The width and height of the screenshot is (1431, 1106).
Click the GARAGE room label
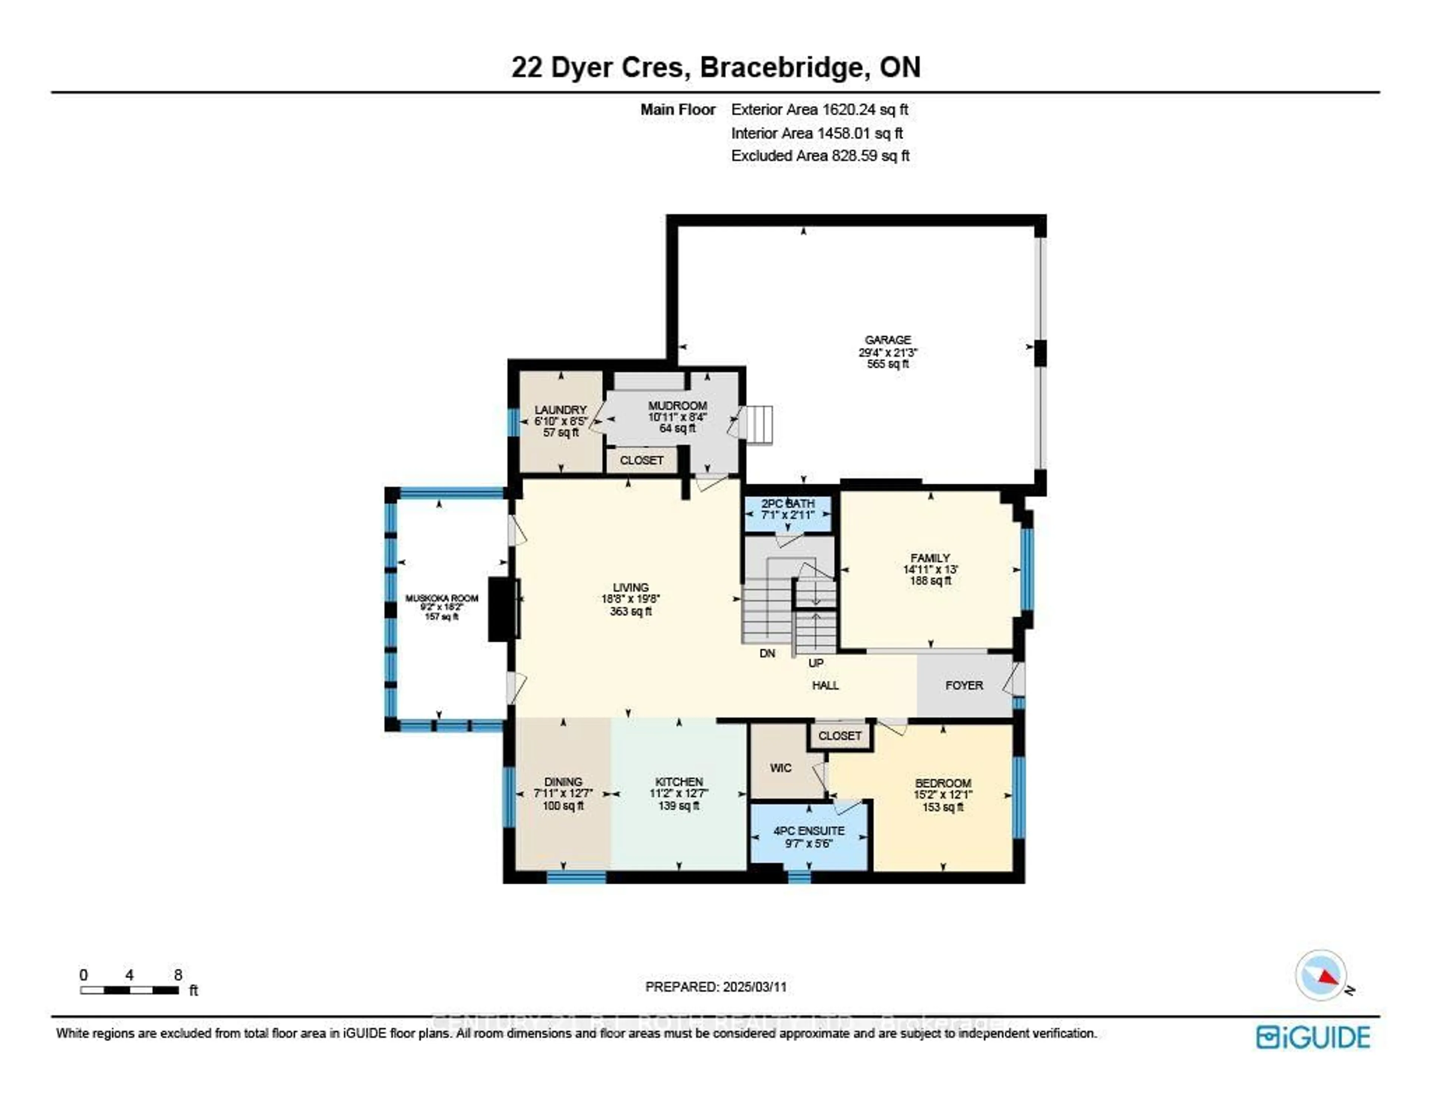tap(888, 340)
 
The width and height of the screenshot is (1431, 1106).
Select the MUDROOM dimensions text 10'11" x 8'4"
tap(677, 417)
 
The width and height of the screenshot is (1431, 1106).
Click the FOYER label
tap(964, 685)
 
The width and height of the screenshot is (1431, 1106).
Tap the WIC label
tap(780, 768)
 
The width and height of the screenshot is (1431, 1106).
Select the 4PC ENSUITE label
tap(809, 831)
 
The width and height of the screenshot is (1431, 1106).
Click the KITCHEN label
tap(679, 782)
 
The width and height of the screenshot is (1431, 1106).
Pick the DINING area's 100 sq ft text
tap(563, 806)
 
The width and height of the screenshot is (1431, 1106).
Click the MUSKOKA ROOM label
tap(442, 598)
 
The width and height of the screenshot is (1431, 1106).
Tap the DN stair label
tap(767, 653)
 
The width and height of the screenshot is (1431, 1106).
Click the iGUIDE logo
tap(1312, 1037)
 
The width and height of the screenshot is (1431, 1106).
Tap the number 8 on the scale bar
tap(178, 975)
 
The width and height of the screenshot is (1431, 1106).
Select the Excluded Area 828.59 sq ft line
tap(820, 156)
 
